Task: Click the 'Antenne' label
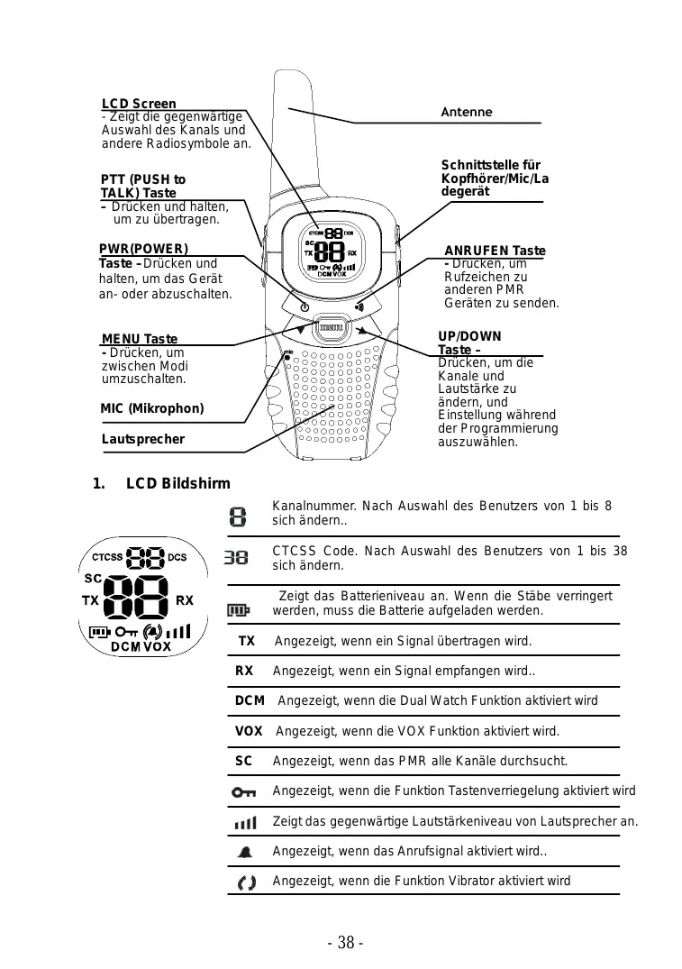point(466,112)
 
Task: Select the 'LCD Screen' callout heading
point(139,105)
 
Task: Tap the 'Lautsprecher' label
point(142,439)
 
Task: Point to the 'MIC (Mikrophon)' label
point(152,408)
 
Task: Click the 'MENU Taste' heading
point(140,339)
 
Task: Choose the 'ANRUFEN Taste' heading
point(495,250)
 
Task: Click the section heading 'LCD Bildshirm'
point(177,484)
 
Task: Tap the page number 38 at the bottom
point(345,943)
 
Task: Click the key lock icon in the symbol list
point(243,792)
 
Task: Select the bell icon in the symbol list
point(244,852)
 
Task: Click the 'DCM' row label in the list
point(250,700)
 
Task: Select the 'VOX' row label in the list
point(249,731)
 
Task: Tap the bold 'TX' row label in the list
point(246,642)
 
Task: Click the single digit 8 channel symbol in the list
point(237,516)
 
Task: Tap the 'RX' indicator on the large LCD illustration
point(184,600)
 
